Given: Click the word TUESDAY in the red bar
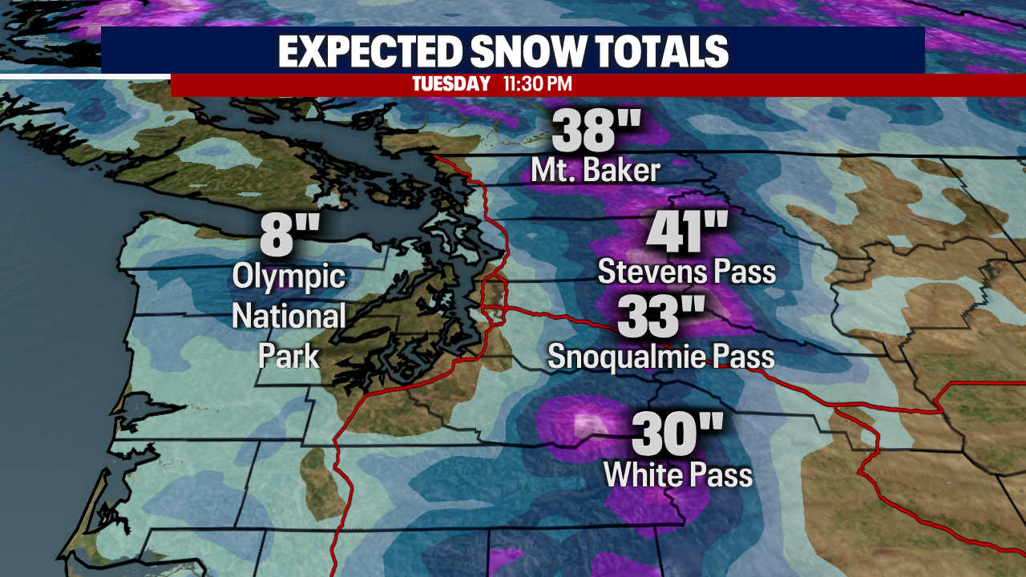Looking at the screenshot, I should (x=451, y=84).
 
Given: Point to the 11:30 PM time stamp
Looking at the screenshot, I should (x=537, y=84).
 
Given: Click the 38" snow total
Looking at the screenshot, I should (x=597, y=131).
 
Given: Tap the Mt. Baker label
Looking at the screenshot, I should (x=596, y=171).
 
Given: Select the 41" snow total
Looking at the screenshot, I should (x=687, y=232).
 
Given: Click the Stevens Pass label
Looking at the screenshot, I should (x=687, y=272).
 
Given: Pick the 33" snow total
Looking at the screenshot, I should (x=660, y=317).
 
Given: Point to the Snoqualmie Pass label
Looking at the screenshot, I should (x=660, y=356).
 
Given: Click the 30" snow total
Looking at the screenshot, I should (x=677, y=435).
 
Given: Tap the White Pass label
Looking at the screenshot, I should (x=677, y=475).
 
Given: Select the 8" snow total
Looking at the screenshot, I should (x=289, y=238).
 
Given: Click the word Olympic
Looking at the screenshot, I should (x=289, y=278).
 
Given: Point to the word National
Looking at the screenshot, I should (x=289, y=316).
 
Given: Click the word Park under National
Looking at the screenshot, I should (x=289, y=355).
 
